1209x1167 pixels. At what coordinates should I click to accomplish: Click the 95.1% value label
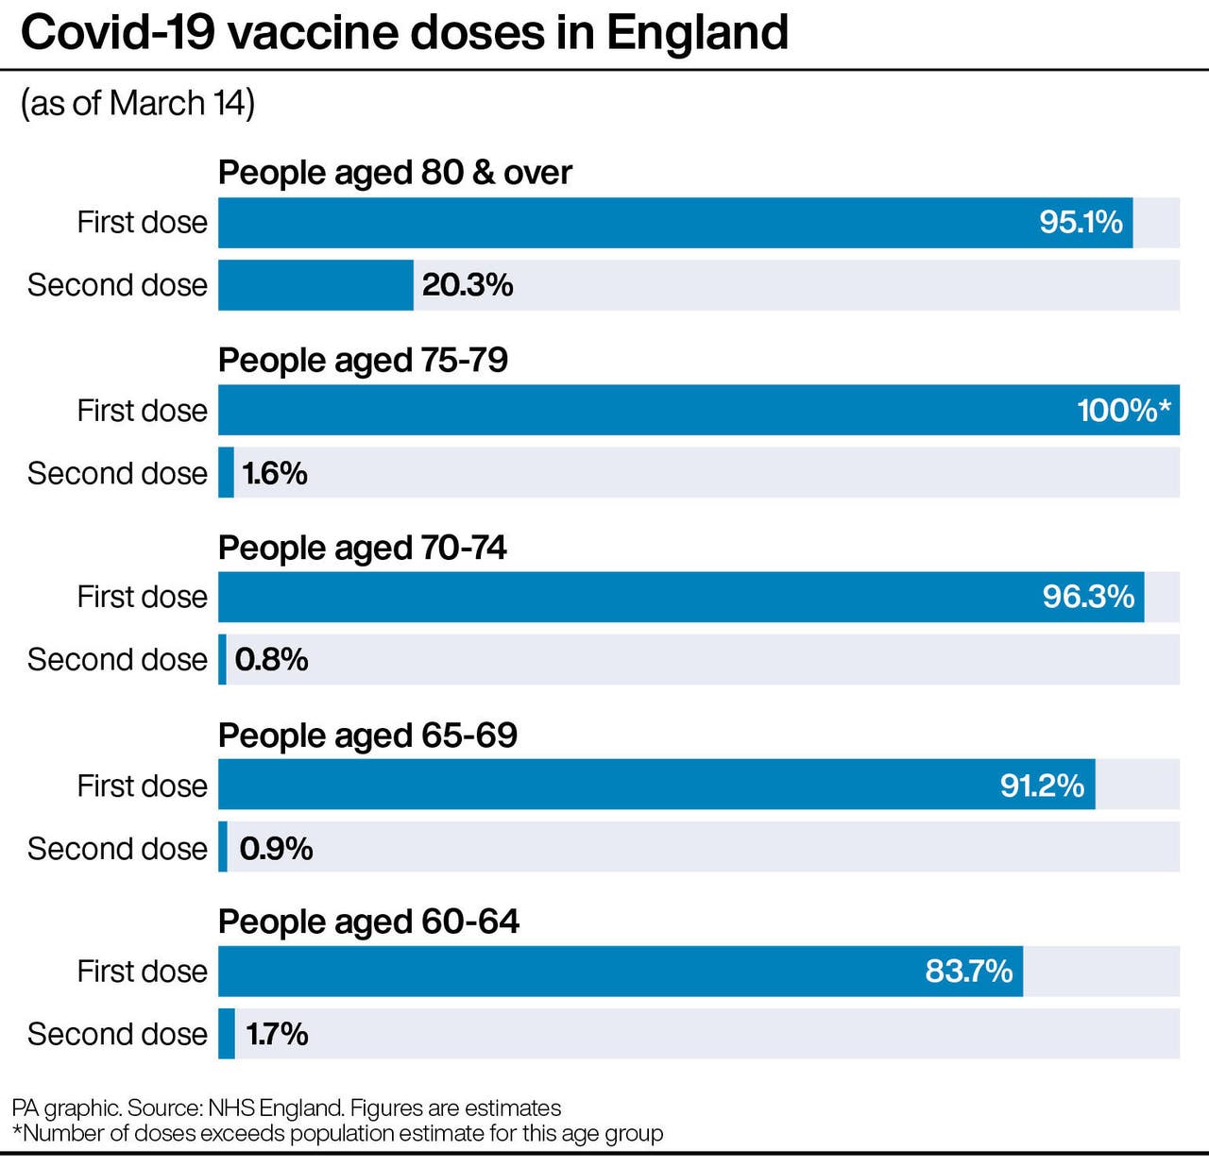(x=1081, y=222)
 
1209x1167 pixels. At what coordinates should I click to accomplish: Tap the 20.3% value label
(x=468, y=284)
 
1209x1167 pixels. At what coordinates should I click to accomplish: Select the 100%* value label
(x=1123, y=410)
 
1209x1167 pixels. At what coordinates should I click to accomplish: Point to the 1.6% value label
(x=275, y=472)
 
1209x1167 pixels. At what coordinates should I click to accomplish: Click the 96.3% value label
(x=1088, y=596)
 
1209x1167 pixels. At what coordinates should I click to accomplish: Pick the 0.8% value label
(x=271, y=659)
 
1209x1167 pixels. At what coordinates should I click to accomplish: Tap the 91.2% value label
(x=1042, y=785)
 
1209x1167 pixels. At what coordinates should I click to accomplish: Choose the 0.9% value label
(x=276, y=848)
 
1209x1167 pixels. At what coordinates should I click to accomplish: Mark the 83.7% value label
(x=968, y=971)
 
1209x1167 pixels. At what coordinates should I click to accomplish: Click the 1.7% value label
(x=277, y=1034)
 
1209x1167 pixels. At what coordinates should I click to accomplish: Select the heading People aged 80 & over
(x=395, y=173)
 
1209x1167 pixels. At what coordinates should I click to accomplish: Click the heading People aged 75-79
(x=363, y=360)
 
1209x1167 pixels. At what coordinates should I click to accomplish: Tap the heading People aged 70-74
(x=362, y=548)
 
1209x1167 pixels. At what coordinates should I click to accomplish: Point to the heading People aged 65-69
(x=367, y=735)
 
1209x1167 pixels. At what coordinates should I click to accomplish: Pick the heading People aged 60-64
(x=368, y=922)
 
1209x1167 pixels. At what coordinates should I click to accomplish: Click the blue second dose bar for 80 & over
(x=315, y=284)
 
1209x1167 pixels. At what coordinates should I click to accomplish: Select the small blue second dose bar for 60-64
(x=227, y=1034)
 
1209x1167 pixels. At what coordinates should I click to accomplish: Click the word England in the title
(x=697, y=33)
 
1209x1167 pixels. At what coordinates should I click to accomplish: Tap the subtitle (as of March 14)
(x=138, y=103)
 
